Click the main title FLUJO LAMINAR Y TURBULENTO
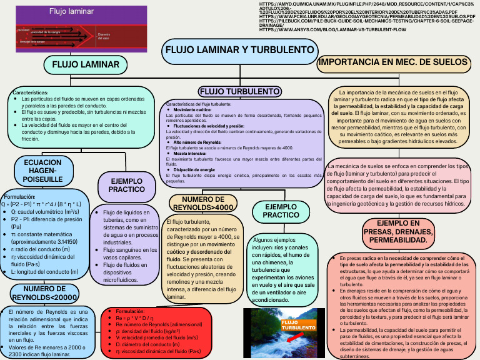(x=238, y=49)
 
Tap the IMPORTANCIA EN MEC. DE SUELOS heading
(x=393, y=62)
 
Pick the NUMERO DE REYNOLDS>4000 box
(x=202, y=203)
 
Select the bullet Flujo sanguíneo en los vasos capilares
(x=127, y=253)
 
